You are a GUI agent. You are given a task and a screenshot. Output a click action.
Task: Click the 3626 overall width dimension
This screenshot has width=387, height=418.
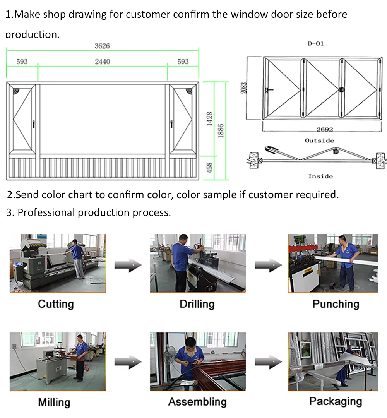[x=102, y=46]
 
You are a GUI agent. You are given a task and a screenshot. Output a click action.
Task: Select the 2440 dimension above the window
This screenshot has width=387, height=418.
[x=102, y=62]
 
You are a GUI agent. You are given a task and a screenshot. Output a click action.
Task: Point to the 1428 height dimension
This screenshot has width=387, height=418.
[x=209, y=119]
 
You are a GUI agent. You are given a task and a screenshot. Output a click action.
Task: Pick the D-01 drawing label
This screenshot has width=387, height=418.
[x=315, y=44]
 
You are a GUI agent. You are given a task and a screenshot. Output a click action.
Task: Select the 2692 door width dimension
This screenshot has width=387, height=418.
[x=324, y=130]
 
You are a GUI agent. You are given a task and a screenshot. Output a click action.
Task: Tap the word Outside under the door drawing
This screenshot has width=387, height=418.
[x=319, y=140]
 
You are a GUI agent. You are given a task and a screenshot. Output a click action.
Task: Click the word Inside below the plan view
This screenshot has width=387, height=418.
[x=320, y=176]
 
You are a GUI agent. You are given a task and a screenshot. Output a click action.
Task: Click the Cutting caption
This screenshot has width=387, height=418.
[x=56, y=304]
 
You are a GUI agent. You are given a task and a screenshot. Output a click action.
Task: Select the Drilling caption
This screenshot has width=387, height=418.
[x=197, y=304]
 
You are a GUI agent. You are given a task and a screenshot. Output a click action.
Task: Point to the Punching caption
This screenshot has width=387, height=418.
[x=336, y=304]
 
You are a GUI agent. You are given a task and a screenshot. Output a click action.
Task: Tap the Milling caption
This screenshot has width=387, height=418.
[x=54, y=403]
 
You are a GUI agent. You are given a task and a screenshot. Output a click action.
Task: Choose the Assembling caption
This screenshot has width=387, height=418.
[x=197, y=402]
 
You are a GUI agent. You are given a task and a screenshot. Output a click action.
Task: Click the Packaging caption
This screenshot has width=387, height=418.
[x=336, y=401]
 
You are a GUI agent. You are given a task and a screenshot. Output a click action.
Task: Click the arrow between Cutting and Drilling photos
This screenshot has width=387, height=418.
[x=128, y=265]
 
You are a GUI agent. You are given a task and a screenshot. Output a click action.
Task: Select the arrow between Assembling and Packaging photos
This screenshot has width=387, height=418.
[x=268, y=363]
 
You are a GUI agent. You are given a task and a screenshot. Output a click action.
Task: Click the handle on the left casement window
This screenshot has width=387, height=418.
[x=34, y=124]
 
